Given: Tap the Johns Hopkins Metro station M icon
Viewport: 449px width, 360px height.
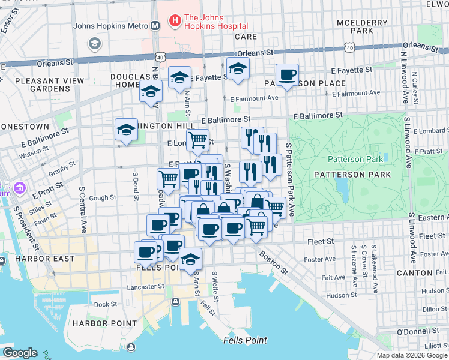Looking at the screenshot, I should (155, 26).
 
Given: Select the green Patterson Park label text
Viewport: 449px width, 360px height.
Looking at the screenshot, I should (355, 159).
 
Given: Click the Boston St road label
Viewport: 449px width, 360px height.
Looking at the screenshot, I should (273, 263).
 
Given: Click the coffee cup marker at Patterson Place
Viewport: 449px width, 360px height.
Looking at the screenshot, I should (288, 75).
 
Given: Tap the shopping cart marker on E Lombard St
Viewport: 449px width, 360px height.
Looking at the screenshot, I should (197, 141).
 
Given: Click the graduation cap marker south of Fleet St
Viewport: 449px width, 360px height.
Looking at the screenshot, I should (191, 259).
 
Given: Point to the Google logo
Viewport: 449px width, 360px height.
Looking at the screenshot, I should (19, 352).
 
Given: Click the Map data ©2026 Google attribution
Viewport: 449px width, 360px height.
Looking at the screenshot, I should (412, 355).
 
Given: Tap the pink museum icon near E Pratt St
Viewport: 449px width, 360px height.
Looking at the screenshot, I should (20, 189).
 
